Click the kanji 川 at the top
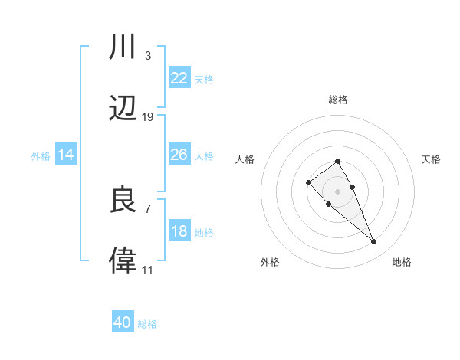(123, 48)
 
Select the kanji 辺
(123, 108)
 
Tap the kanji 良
(123, 201)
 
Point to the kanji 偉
(123, 260)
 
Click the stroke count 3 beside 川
(147, 56)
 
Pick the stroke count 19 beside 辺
(148, 116)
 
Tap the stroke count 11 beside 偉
(147, 270)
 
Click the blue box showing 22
(179, 77)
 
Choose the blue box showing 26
(179, 155)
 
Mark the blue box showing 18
(179, 231)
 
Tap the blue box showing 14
(66, 155)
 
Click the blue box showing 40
(123, 322)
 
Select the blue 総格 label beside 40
(147, 324)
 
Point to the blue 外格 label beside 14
(41, 156)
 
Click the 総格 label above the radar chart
(338, 100)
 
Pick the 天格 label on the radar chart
(431, 159)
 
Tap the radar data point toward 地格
(374, 242)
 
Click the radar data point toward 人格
(308, 182)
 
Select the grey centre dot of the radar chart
(338, 191)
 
